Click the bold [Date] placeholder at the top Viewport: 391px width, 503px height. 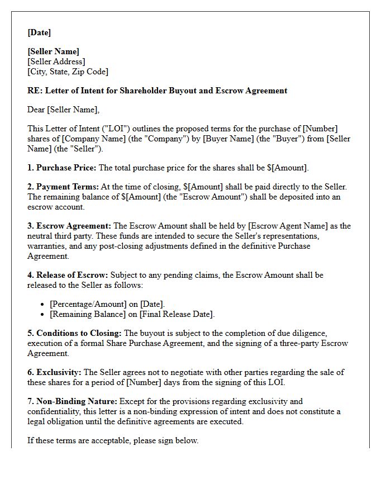pyautogui.click(x=39, y=32)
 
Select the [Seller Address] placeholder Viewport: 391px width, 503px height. pyautogui.click(x=56, y=61)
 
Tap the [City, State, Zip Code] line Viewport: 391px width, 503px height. pyautogui.click(x=68, y=72)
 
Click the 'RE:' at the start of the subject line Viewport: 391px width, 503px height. pyautogui.click(x=35, y=91)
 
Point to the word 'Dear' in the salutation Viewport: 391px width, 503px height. pyautogui.click(x=36, y=110)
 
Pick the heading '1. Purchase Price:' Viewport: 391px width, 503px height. pyautogui.click(x=62, y=168)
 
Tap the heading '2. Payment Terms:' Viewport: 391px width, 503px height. pyautogui.click(x=63, y=187)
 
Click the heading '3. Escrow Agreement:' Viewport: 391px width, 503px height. pyautogui.click(x=69, y=226)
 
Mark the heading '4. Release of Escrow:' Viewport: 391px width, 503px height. pyautogui.click(x=68, y=275)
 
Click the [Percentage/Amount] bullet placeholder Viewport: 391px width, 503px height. pyautogui.click(x=86, y=304)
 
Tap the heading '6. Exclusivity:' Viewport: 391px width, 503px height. pyautogui.click(x=54, y=372)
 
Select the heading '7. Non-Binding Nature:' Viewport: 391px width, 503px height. pyautogui.click(x=72, y=401)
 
